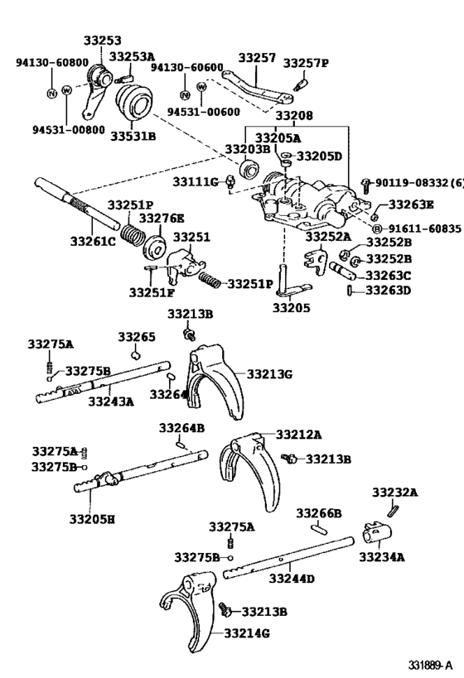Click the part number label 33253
click(101, 41)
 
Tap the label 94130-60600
click(188, 68)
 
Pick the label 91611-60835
click(417, 228)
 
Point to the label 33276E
click(162, 218)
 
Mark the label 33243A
click(111, 401)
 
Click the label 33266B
click(319, 513)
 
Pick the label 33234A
click(382, 556)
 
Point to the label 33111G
click(196, 181)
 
